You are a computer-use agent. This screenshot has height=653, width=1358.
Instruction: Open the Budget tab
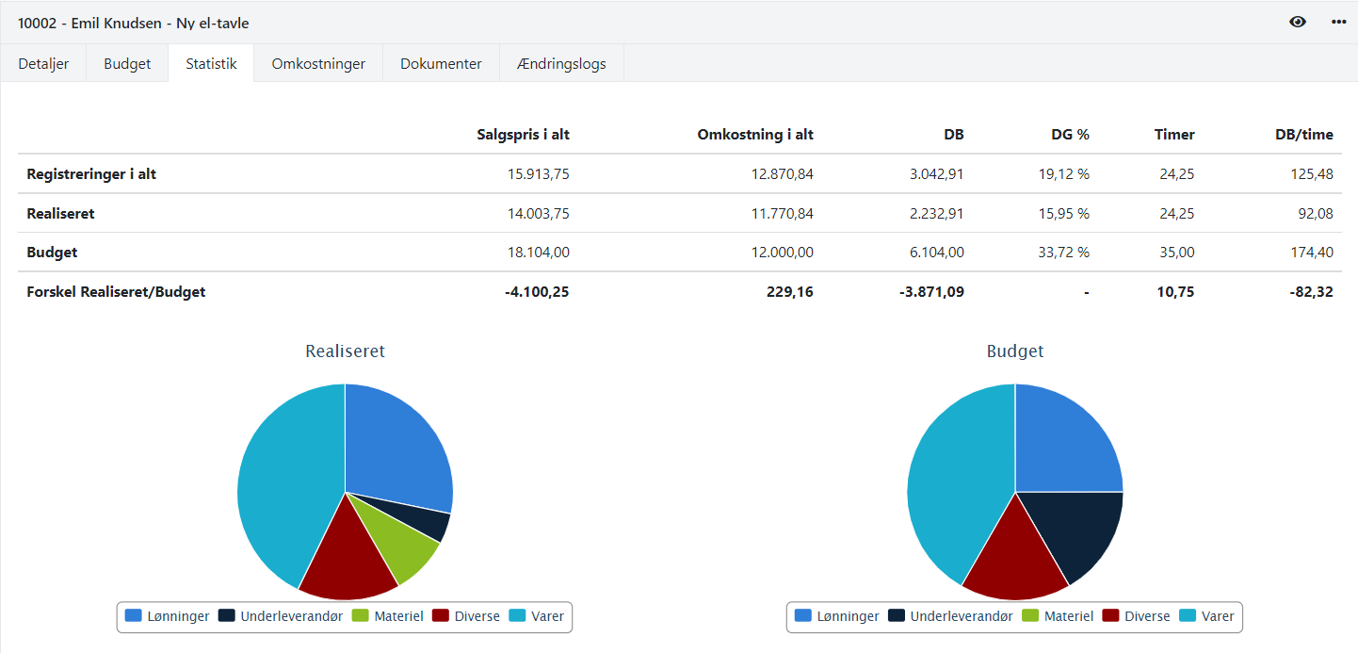pos(127,64)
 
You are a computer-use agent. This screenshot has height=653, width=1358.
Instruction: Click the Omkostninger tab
pos(318,64)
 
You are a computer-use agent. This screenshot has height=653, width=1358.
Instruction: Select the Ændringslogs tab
pos(561,64)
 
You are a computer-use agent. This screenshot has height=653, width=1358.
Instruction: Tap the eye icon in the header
pos(1298,22)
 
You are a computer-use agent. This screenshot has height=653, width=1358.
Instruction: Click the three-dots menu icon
pos(1338,22)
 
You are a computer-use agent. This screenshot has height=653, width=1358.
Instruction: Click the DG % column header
pos(1070,135)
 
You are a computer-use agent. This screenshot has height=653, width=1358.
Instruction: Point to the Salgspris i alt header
pos(523,135)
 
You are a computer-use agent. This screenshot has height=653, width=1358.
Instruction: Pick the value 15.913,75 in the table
pos(538,174)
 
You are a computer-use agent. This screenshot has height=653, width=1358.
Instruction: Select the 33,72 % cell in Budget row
pos(1063,253)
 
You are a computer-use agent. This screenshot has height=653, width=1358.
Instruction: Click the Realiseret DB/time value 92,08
pos(1316,214)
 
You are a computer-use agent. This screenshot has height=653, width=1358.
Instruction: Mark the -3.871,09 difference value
pos(931,292)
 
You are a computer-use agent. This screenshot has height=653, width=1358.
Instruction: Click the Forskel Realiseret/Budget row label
pos(116,292)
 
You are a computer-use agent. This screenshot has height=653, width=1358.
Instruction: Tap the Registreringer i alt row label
pos(91,174)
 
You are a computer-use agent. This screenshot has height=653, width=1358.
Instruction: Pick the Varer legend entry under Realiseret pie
pos(537,616)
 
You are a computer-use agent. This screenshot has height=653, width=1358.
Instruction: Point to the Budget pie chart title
pos(1014,351)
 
